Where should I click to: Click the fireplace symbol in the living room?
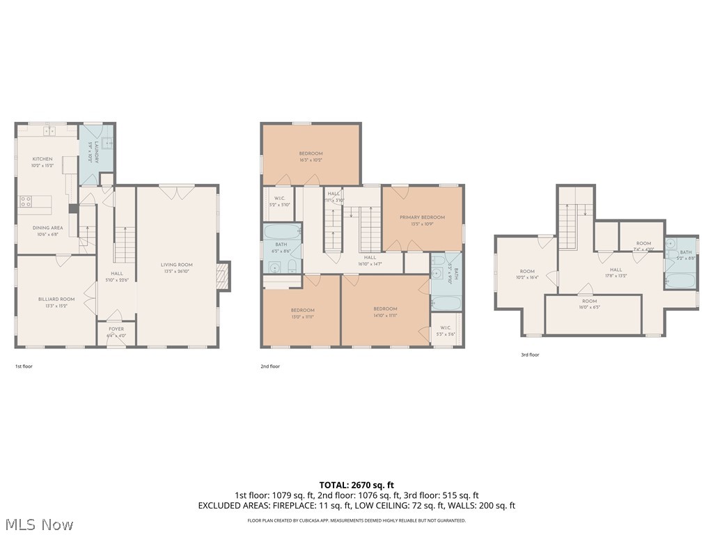click(x=223, y=276)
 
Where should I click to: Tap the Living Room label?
click(x=177, y=265)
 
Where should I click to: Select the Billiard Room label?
click(x=56, y=299)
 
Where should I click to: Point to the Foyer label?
click(x=116, y=329)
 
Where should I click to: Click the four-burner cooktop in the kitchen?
click(x=26, y=202)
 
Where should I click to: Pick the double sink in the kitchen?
click(x=49, y=130)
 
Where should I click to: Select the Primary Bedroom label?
click(x=422, y=217)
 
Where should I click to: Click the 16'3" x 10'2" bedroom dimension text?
click(x=311, y=160)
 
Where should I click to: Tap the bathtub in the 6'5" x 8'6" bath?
click(x=281, y=231)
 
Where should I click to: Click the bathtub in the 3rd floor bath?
click(x=680, y=281)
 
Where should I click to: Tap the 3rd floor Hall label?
click(x=616, y=270)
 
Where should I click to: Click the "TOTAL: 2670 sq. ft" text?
click(x=356, y=485)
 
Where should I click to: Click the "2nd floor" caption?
click(x=270, y=366)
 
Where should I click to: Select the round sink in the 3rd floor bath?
click(x=671, y=244)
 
